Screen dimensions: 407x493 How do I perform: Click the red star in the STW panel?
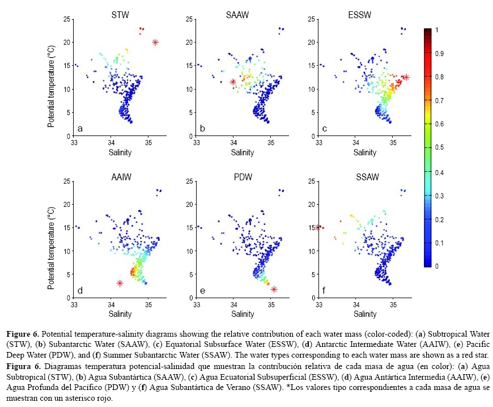(x=155, y=42)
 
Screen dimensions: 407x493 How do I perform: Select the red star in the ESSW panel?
(x=406, y=77)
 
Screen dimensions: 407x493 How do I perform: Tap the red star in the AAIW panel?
(x=120, y=283)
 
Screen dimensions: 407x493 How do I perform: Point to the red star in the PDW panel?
(x=274, y=289)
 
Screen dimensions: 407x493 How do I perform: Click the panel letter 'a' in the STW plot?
(x=80, y=129)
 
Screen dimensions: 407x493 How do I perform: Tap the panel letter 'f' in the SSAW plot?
(x=324, y=291)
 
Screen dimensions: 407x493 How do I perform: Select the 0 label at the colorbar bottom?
(x=435, y=266)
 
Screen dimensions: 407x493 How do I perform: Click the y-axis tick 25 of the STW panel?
(x=67, y=19)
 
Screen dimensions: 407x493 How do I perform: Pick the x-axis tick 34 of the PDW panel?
(x=233, y=304)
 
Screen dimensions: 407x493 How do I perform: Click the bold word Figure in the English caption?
(x=18, y=329)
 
